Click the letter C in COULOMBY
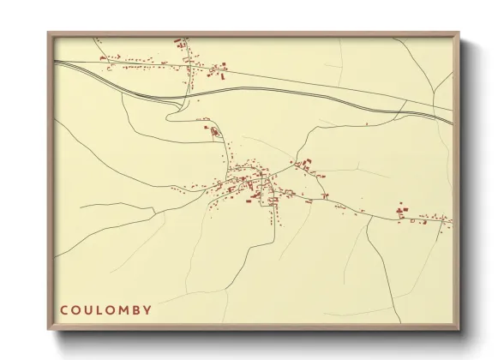(x=64, y=309)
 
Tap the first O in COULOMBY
(x=77, y=309)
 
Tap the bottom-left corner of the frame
(x=48, y=331)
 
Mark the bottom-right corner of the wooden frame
(x=459, y=331)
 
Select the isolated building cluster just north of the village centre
(x=213, y=131)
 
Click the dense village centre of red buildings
(x=253, y=182)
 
